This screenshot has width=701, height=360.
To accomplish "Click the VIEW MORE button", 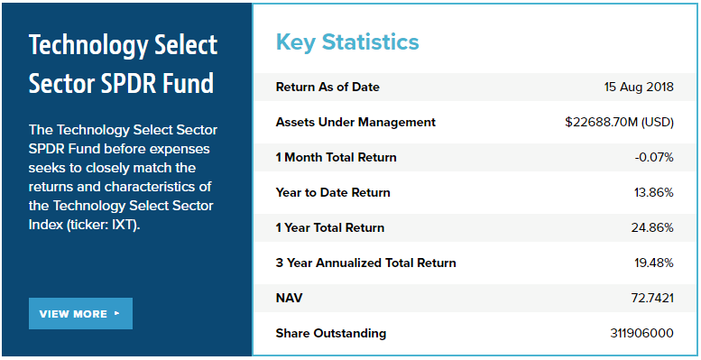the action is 80,313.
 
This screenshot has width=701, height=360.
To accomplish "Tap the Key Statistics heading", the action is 347,42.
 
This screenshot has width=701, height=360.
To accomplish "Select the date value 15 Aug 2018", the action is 639,87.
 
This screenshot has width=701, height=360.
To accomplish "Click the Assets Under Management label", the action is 355,122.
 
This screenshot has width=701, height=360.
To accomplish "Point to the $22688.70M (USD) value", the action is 619,122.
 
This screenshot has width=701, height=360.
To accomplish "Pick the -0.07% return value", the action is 654,157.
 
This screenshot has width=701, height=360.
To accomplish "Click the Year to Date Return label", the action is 333,193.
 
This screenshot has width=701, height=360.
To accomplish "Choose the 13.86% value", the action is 653,193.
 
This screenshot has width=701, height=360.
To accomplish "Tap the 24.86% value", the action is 652,227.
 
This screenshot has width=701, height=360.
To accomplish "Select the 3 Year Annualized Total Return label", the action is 365,263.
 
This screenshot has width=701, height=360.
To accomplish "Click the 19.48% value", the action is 653,263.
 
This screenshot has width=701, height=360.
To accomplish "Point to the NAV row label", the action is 289,298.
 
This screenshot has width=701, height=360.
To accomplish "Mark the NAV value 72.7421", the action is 652,299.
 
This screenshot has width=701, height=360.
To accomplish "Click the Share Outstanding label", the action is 331,333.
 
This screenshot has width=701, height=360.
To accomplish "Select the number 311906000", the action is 642,333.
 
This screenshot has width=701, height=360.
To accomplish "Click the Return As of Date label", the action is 327,87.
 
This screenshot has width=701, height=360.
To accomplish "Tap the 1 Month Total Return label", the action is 336,157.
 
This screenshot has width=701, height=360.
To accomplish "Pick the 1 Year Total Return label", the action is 330,227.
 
